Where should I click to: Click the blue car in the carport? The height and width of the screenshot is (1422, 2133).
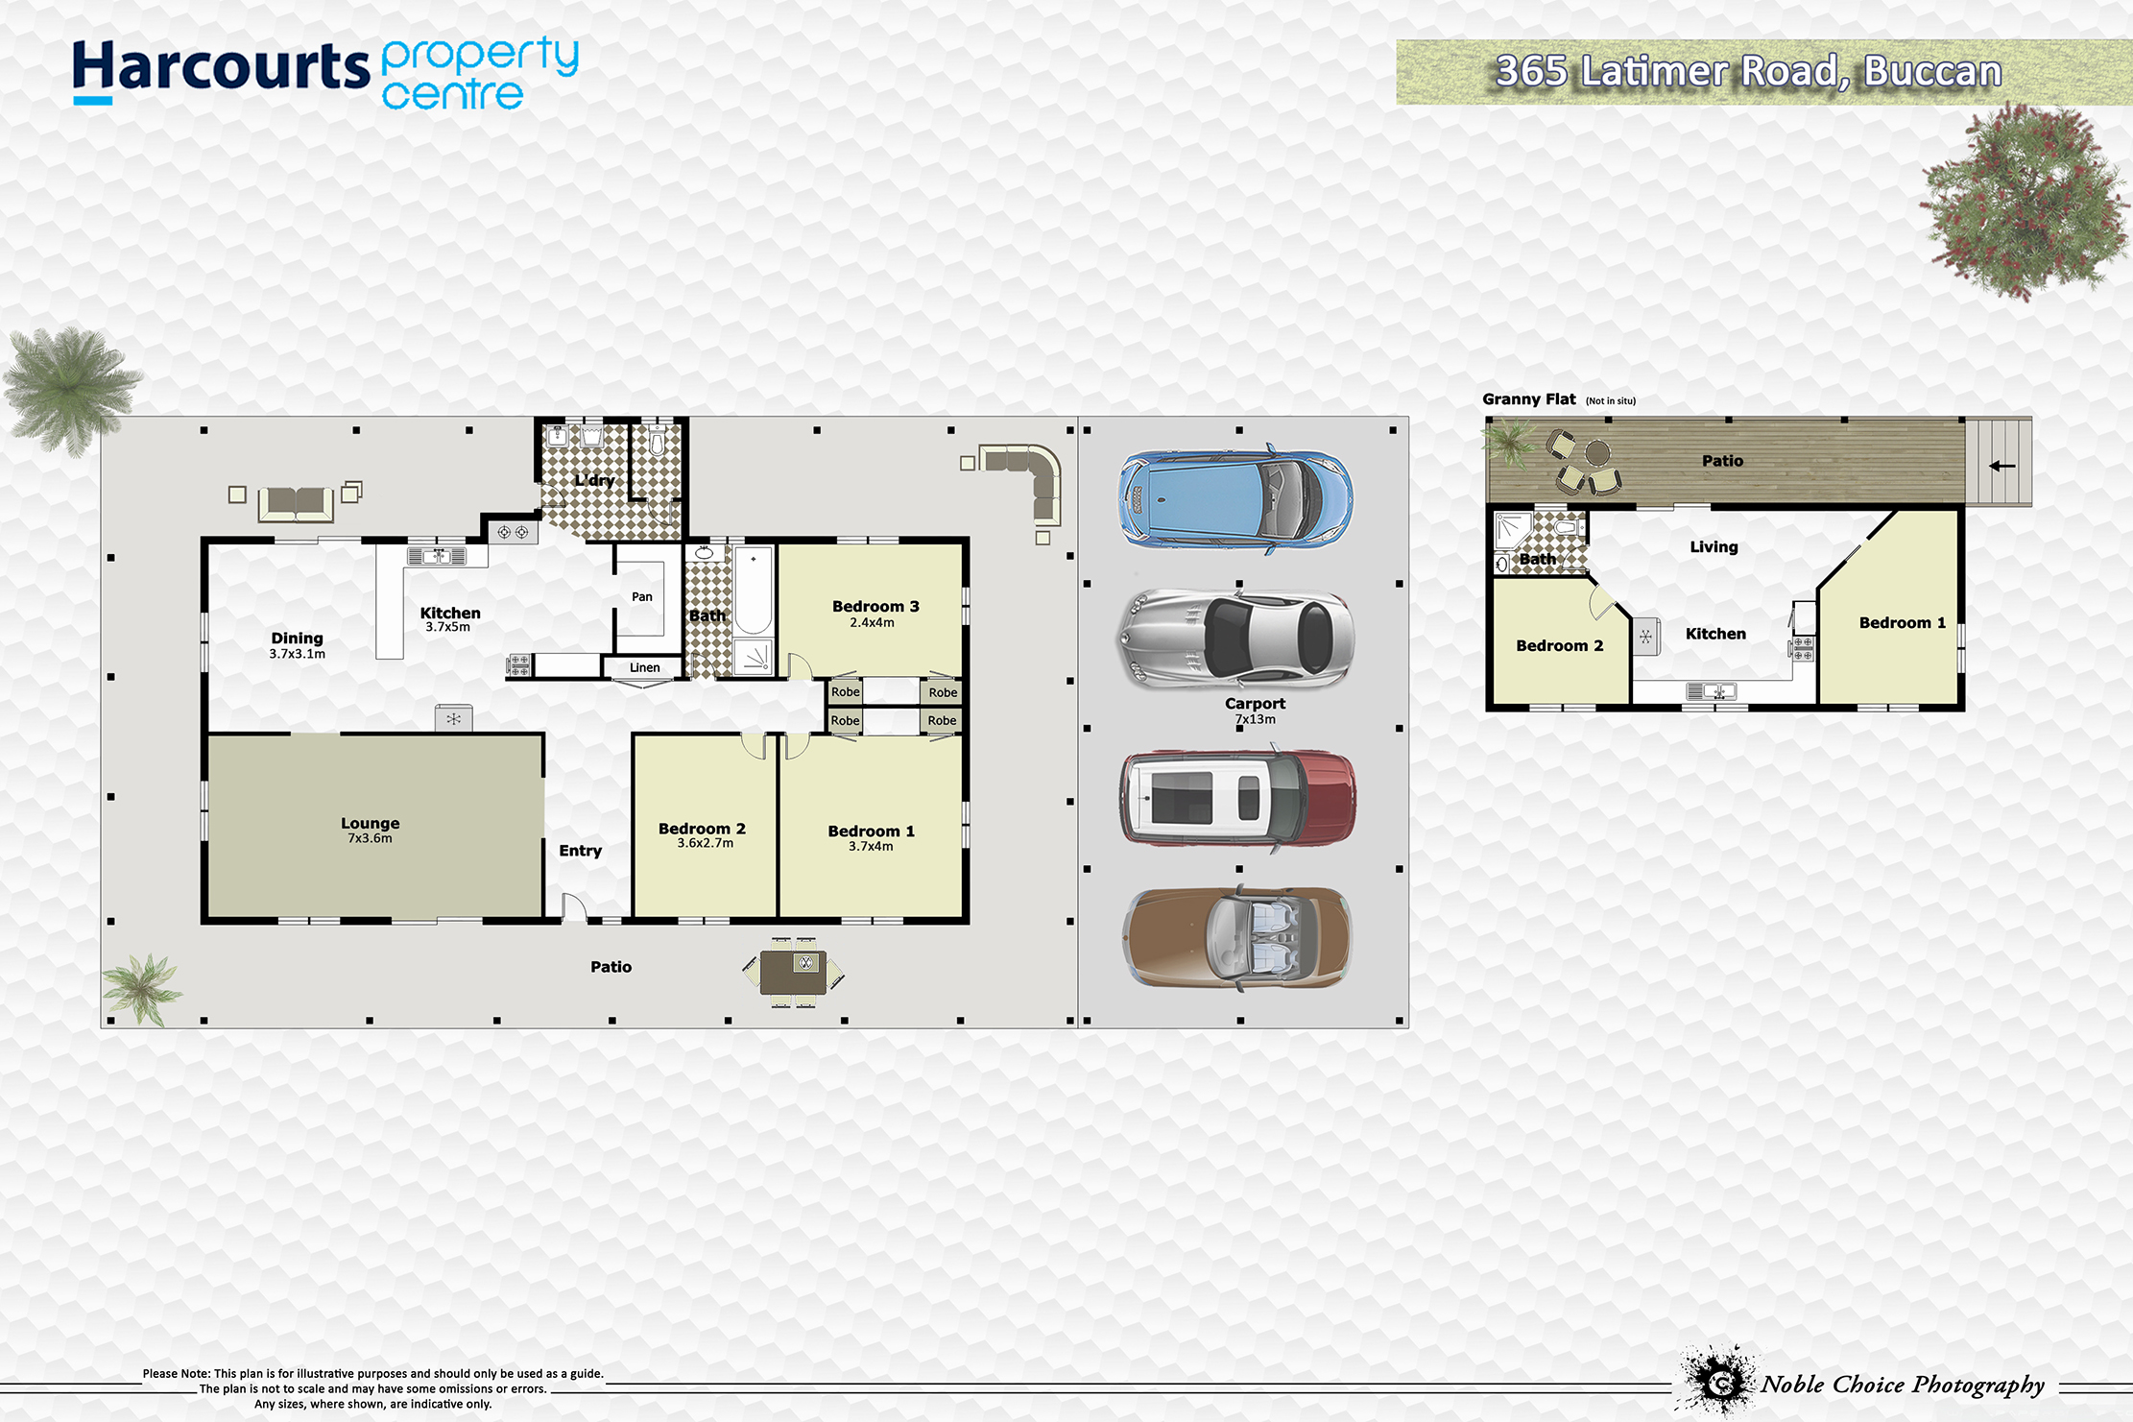point(1235,498)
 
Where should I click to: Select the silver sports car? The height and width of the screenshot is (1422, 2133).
point(1235,639)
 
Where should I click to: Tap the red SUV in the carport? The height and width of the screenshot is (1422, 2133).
point(1237,799)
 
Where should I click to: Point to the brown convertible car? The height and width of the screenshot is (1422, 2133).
point(1237,938)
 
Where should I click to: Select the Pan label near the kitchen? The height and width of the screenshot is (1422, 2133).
point(642,596)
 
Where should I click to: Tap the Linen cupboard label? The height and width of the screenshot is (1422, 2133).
point(645,667)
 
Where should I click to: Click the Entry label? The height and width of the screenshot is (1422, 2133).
point(581,851)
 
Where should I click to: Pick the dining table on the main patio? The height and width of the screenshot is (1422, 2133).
point(794,973)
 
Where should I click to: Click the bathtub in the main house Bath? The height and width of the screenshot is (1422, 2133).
point(754,590)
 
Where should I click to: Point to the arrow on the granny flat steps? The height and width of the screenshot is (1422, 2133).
point(2001,466)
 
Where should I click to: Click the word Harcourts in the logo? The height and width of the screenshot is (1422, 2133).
point(221,67)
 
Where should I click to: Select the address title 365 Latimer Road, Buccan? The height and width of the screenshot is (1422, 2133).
point(1749,71)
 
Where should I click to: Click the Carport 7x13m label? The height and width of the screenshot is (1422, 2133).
point(1255,711)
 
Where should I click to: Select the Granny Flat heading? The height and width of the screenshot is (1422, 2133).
point(1529,399)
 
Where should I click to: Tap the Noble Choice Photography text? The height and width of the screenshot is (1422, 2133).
point(1903,1385)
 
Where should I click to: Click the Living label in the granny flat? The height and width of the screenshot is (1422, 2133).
point(1714,546)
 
